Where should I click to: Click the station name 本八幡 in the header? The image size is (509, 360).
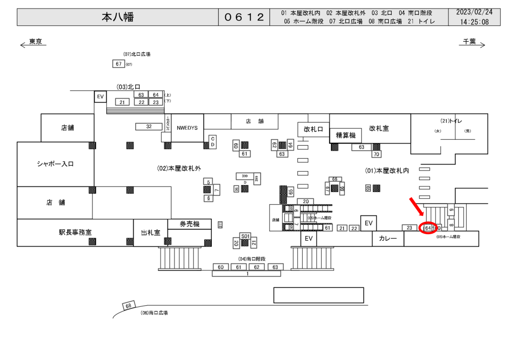coord(118,17)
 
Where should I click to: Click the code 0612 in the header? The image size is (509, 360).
coord(244,17)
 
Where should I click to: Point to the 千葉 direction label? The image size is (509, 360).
coord(469,42)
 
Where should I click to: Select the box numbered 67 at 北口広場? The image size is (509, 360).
coord(118,64)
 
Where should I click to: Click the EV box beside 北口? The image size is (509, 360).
coord(100,96)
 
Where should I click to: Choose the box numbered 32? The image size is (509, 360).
coord(149,126)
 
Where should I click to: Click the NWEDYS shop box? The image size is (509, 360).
coord(187,128)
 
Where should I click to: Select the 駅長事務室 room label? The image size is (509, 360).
coord(75,232)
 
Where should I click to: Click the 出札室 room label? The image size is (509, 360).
coord(150,232)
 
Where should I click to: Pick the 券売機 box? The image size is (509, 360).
coord(189,224)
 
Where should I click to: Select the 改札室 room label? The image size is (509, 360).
coord(379,128)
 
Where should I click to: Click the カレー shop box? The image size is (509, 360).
coord(388,239)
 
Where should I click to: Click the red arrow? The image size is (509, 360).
coord(417,206)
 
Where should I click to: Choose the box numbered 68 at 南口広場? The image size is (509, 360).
coord(128,305)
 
